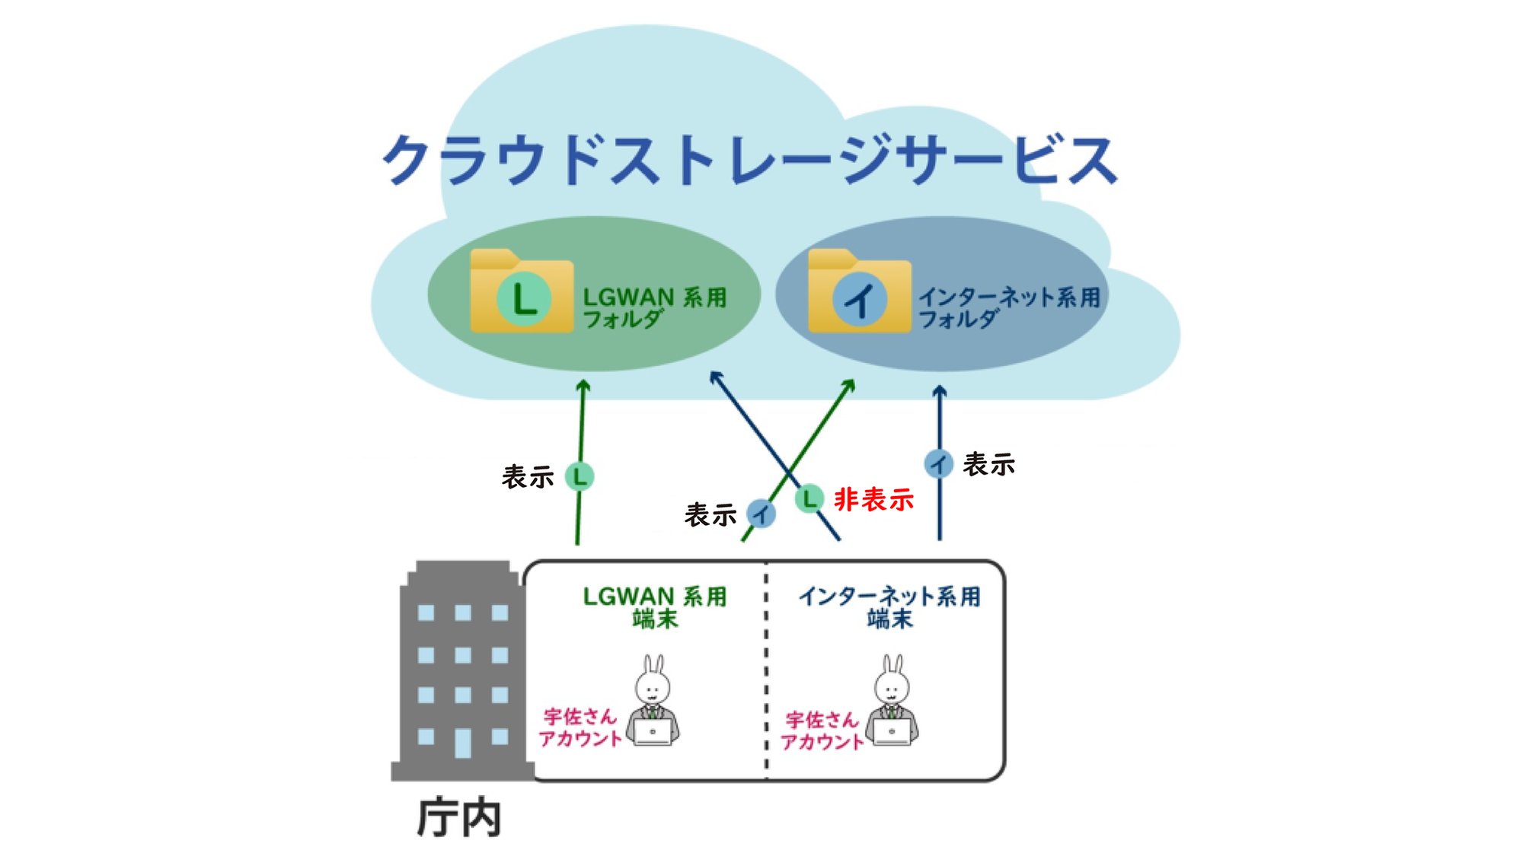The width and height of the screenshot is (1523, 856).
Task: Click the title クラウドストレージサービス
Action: (x=750, y=160)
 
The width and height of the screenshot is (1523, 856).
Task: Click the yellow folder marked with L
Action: (x=522, y=292)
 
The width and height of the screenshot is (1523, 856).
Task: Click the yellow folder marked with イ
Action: (x=859, y=292)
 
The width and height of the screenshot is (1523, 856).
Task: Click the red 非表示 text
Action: (x=873, y=500)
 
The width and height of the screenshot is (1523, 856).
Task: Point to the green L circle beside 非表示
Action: (x=809, y=499)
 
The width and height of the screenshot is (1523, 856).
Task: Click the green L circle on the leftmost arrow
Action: (x=580, y=477)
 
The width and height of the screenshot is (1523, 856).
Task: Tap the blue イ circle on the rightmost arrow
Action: (x=939, y=463)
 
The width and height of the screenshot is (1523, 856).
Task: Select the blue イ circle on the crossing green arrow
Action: (x=761, y=514)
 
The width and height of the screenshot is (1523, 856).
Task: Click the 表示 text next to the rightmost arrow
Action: (x=988, y=464)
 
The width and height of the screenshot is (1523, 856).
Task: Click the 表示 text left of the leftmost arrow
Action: (x=527, y=477)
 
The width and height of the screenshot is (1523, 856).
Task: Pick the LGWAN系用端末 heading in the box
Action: (x=654, y=606)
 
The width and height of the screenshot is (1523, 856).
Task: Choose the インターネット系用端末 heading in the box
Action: (x=889, y=606)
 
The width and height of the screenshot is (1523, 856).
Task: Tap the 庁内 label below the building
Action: (x=459, y=818)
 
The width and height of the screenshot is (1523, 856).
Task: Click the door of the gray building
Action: (x=463, y=743)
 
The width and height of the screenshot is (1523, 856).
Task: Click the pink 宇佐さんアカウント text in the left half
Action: (x=580, y=727)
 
